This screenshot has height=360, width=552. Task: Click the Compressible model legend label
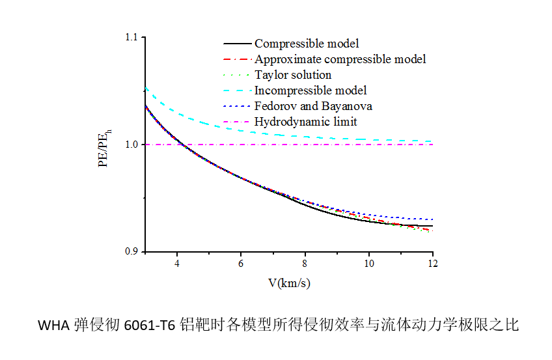307,44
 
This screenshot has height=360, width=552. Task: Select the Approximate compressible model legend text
340,59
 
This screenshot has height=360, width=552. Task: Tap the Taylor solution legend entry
293,75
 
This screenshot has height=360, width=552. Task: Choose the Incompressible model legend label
310,90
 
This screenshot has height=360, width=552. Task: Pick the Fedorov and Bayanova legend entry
313,106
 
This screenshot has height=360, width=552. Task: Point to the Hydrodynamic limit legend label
305,122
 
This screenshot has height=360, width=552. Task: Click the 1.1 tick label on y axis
131,38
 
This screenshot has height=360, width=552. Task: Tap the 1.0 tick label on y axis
131,145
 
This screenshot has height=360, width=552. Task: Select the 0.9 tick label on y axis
131,251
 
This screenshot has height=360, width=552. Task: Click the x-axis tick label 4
176,264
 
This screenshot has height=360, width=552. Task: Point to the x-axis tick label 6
241,264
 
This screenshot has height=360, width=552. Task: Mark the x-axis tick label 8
305,264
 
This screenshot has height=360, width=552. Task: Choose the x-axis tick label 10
368,264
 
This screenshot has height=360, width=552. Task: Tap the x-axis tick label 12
432,264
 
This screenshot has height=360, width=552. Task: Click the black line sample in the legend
236,44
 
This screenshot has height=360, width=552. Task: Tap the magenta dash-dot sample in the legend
236,122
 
